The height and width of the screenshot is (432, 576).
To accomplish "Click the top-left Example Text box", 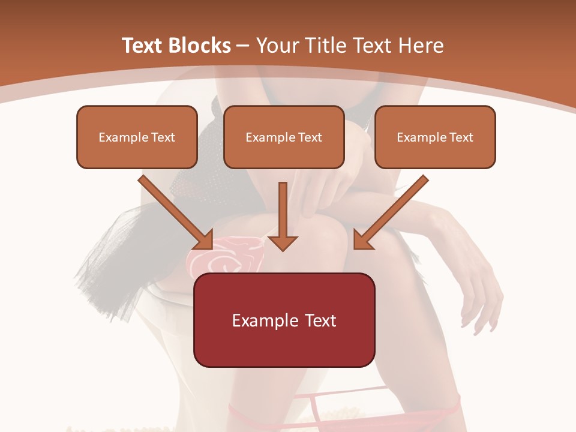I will [x=137, y=137].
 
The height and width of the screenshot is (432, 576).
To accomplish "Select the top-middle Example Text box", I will [x=284, y=137].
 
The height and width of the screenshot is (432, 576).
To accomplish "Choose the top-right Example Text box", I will [x=435, y=137].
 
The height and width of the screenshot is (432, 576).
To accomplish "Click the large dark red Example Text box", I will [x=284, y=320].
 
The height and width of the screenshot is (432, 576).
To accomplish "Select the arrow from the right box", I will [x=393, y=210].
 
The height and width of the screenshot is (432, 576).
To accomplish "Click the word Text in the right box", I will [x=461, y=137].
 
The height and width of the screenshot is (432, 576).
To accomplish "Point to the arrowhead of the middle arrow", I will [x=283, y=242].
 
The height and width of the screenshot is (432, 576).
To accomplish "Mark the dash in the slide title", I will [x=243, y=46].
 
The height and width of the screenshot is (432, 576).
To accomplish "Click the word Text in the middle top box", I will [x=310, y=137].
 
